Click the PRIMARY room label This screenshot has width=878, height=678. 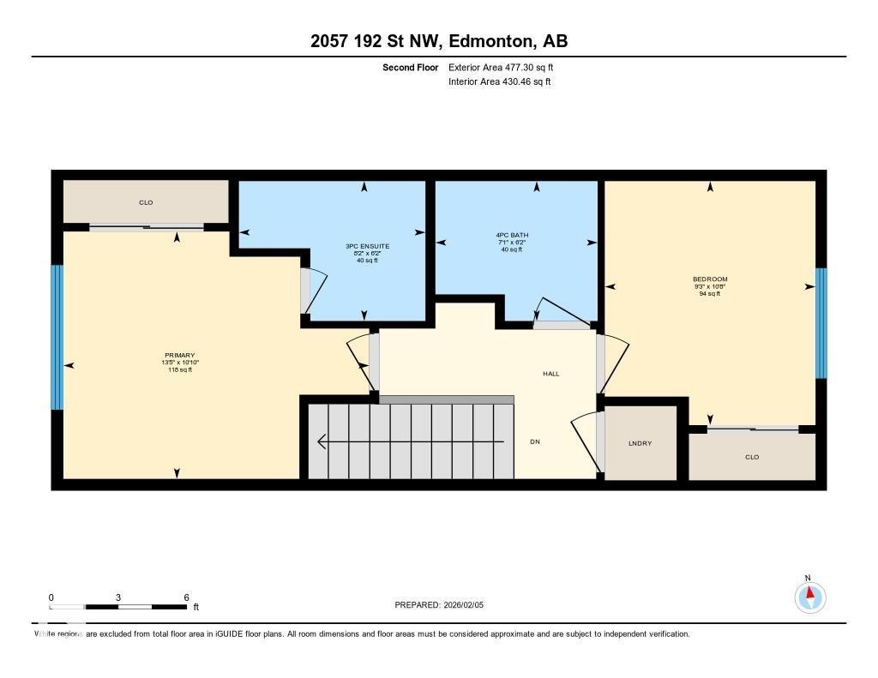point(180,356)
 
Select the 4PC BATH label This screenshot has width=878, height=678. point(512,235)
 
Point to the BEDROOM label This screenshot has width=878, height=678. point(710,279)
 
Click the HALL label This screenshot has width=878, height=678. point(551,374)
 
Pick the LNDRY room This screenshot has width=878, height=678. point(640,443)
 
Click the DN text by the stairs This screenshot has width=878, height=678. point(535,442)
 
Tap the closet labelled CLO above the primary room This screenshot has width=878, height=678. point(146,203)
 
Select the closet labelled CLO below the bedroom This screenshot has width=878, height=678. point(751,457)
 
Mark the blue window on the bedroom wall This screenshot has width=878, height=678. point(821,323)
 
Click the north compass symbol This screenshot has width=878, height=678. point(809,596)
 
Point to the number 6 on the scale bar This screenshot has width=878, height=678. point(186,597)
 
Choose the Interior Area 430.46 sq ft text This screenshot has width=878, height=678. point(499,82)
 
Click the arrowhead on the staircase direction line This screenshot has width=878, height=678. point(322,442)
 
